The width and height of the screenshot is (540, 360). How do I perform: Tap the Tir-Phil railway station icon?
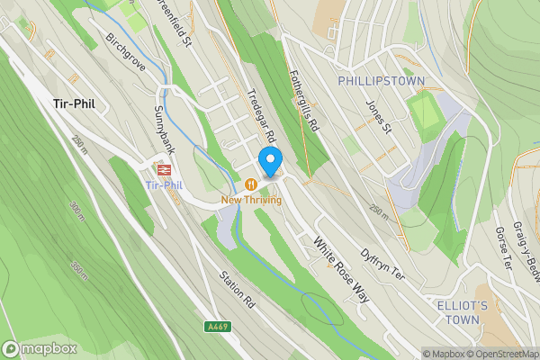click(x=164, y=169)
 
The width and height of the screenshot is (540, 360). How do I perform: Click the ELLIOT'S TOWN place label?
click(x=462, y=312)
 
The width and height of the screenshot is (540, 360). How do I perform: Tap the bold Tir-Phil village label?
click(x=74, y=103)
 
